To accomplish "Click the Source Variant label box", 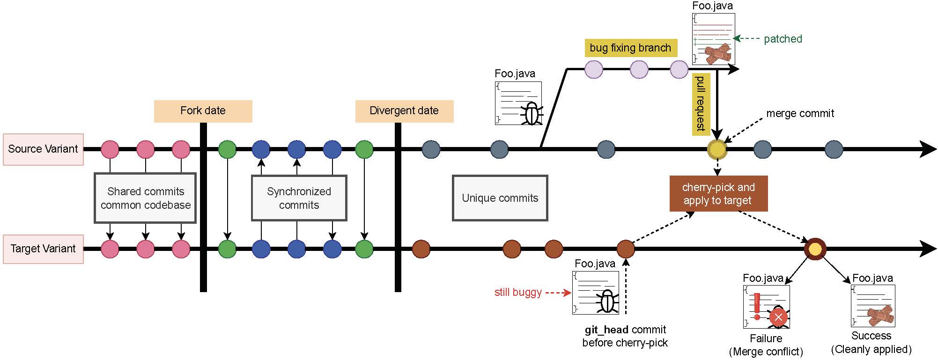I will [43, 149].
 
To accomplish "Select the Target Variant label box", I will [43, 249].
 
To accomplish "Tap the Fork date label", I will [203, 111].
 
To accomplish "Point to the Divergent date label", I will [404, 111].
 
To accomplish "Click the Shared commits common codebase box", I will [145, 198].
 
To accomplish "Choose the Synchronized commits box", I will [299, 198].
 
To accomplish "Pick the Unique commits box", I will [500, 198].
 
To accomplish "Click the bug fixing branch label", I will [630, 48].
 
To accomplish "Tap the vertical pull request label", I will [701, 104].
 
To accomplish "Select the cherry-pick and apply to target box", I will [718, 194].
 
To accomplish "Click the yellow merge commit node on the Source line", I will [717, 149].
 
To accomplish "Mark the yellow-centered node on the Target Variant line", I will [815, 249].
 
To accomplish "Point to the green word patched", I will [783, 39].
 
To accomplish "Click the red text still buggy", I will [518, 293].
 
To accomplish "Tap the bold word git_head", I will [606, 330].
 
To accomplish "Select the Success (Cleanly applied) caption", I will [871, 342].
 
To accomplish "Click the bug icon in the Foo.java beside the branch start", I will [532, 113].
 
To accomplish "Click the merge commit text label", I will [800, 113].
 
